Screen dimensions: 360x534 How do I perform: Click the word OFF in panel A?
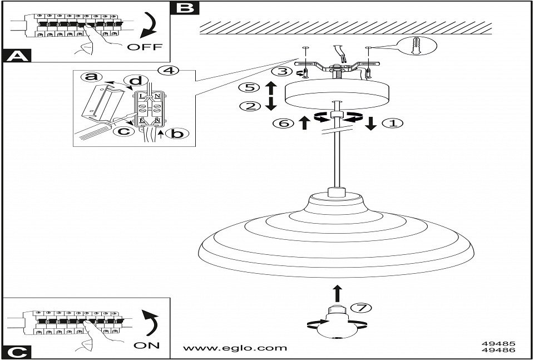click(145, 47)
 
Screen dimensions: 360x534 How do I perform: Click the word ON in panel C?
click(147, 346)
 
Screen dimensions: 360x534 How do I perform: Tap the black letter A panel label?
click(17, 56)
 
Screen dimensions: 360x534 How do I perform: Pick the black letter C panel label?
click(17, 352)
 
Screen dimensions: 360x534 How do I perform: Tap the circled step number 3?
click(283, 71)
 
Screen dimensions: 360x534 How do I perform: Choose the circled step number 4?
click(167, 71)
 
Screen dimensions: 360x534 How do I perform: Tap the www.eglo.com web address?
click(235, 348)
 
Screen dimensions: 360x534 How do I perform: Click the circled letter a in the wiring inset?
click(88, 77)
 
